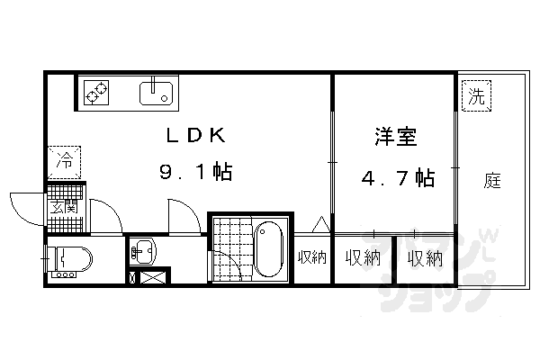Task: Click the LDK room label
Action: tap(193, 136)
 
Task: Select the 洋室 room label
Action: tap(396, 139)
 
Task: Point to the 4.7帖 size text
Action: tap(397, 178)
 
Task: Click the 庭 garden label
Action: tap(492, 180)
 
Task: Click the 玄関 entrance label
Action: tap(63, 210)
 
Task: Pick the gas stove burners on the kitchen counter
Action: tap(95, 91)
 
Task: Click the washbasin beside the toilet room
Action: tap(143, 250)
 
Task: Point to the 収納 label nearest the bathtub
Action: tap(312, 259)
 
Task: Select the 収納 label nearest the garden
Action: tap(424, 259)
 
